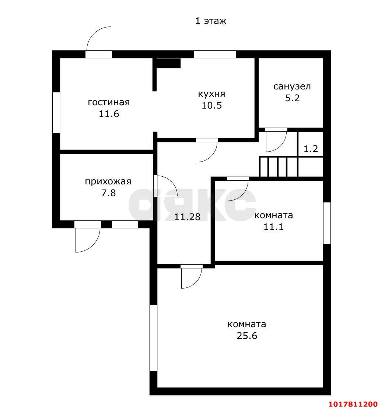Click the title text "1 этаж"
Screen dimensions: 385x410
(211, 21)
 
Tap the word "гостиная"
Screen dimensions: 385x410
(109, 102)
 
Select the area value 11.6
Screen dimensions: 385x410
(109, 114)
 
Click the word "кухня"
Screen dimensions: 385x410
(211, 94)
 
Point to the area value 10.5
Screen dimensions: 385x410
(211, 105)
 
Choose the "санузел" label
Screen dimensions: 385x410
(292, 86)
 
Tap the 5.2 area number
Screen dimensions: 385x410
(292, 98)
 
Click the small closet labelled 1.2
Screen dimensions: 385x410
(311, 149)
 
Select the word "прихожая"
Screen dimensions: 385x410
(108, 181)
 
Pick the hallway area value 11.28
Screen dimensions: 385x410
(188, 217)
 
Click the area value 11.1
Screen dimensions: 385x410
(273, 227)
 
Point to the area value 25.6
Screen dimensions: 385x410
(247, 336)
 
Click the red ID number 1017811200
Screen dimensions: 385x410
(353, 404)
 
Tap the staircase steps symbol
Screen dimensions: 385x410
(279, 167)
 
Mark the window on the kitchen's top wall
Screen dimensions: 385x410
(215, 54)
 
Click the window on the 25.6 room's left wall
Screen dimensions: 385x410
(153, 337)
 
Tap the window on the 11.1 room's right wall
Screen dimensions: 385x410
(327, 223)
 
